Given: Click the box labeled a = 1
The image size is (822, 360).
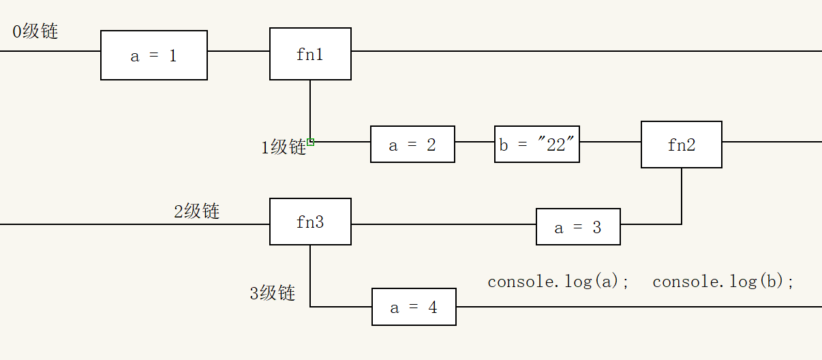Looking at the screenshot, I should click(154, 55).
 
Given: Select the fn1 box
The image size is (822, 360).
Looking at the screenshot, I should click(310, 54).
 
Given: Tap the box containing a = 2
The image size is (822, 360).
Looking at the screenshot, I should click(412, 144).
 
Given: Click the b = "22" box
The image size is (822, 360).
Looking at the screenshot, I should click(537, 144).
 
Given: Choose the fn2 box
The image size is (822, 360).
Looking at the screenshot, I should click(681, 145).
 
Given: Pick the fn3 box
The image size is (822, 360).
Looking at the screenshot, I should click(310, 222).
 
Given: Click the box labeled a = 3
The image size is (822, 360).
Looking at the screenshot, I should click(578, 227).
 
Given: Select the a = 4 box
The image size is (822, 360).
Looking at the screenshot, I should click(414, 307).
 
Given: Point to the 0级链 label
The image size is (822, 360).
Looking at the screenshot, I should click(35, 31).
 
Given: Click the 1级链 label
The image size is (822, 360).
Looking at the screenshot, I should click(284, 147).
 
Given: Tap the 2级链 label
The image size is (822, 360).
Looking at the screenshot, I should click(197, 211).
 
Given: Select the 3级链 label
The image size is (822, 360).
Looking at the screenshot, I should click(273, 293).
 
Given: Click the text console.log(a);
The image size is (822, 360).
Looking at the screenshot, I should click(559, 282).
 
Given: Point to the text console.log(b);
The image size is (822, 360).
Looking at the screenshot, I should click(724, 282).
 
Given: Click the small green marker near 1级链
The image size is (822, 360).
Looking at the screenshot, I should click(311, 142).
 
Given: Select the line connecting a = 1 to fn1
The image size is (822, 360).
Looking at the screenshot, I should click(239, 51).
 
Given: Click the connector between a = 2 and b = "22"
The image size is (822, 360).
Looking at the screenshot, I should click(474, 142).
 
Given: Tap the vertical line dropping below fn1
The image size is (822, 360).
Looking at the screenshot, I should click(310, 109).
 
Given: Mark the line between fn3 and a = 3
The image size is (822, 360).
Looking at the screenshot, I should click(443, 224).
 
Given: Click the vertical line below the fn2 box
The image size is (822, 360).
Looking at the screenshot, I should click(682, 194).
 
